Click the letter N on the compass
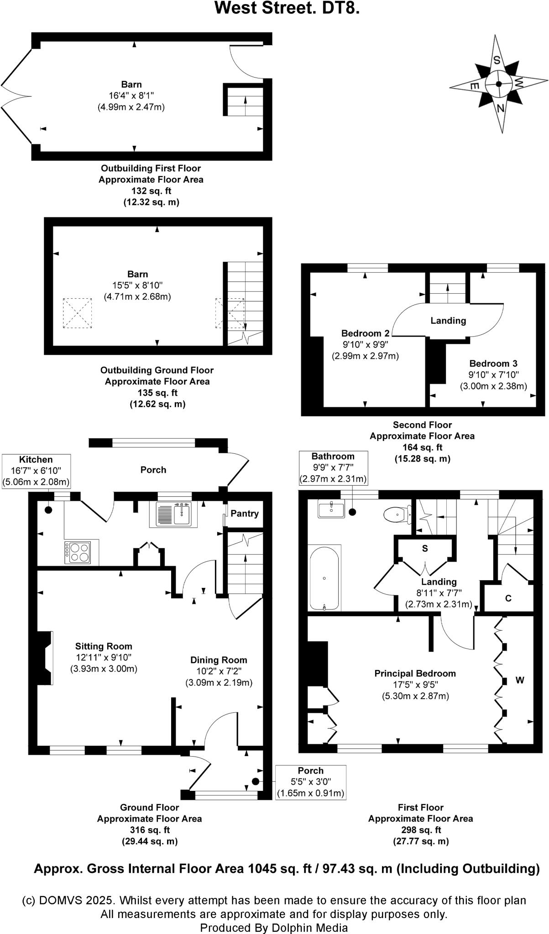(x=501, y=109)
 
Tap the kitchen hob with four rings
(x=78, y=552)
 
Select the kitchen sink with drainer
(x=176, y=514)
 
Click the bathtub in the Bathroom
(x=324, y=578)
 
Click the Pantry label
(x=245, y=514)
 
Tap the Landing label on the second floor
(x=448, y=321)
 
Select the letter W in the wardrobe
(x=520, y=680)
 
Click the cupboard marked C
(x=508, y=598)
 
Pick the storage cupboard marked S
(x=425, y=548)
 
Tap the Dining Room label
(x=219, y=660)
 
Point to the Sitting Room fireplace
(x=45, y=658)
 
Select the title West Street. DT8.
(x=287, y=8)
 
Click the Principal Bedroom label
(x=415, y=673)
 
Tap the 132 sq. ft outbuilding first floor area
(x=151, y=191)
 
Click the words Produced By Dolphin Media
(x=274, y=928)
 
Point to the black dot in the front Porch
(x=256, y=781)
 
